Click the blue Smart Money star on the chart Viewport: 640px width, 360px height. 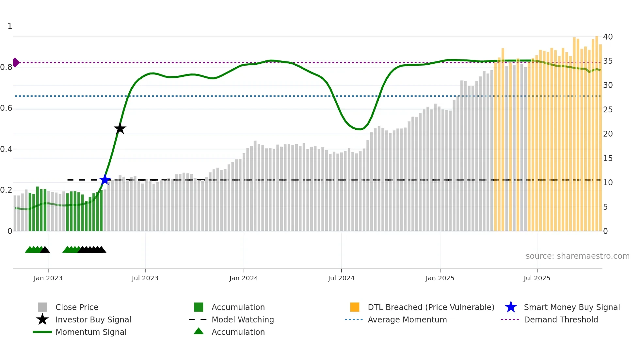(105, 180)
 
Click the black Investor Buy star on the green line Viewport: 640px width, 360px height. (120, 128)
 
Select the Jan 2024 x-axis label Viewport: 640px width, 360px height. (244, 278)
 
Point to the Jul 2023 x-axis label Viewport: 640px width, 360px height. (145, 278)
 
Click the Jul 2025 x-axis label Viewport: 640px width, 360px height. (537, 278)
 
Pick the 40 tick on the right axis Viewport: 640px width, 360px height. (608, 37)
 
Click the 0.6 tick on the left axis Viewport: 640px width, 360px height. (7, 108)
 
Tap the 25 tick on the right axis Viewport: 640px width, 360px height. (608, 110)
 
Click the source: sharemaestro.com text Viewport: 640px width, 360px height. (577, 256)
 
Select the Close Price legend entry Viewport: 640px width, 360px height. (77, 307)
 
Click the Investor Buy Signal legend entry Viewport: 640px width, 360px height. (93, 319)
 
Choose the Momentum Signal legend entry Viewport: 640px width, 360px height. (91, 332)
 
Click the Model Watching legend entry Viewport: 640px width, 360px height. (243, 319)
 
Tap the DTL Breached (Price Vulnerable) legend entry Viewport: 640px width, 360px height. (431, 307)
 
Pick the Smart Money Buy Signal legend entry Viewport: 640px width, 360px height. (571, 307)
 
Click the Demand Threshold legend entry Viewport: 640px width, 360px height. (561, 319)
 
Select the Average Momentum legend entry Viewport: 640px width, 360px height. (407, 319)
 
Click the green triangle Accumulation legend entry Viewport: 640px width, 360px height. (238, 332)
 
